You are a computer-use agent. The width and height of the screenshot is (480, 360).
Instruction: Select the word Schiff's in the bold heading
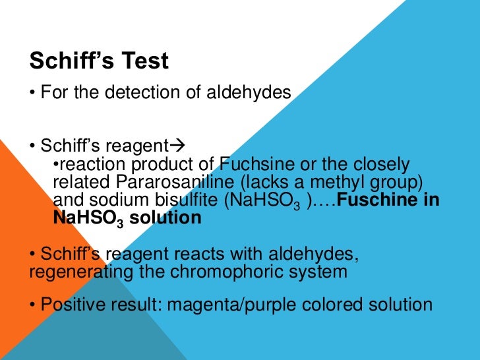[x=68, y=61]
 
